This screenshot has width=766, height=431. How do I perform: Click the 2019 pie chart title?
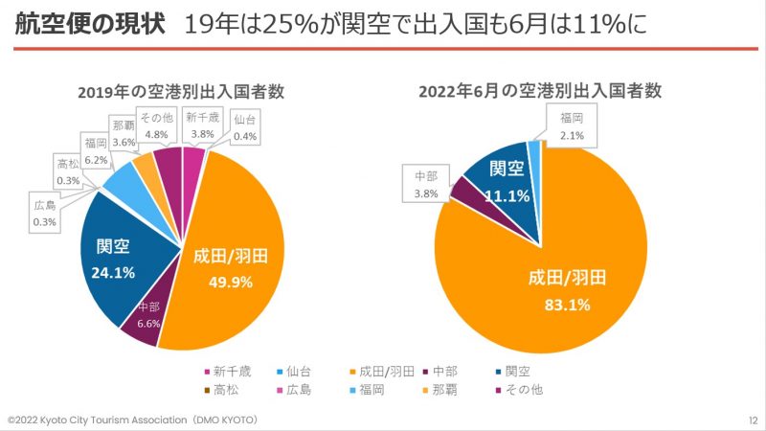click(181, 93)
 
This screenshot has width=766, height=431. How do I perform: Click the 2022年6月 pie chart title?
click(541, 92)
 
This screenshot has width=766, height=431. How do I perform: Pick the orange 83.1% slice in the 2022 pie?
click(565, 287)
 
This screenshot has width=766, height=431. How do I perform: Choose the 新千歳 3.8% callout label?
click(201, 126)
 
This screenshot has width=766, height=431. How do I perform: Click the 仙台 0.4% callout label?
click(245, 128)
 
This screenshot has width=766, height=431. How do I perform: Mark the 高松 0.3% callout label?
click(68, 171)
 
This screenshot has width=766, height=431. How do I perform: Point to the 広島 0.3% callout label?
click(45, 214)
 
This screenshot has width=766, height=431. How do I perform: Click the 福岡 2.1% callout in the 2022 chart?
click(572, 127)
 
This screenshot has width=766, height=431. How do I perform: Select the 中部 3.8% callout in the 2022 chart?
click(426, 185)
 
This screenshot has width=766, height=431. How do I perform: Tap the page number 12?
click(752, 420)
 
